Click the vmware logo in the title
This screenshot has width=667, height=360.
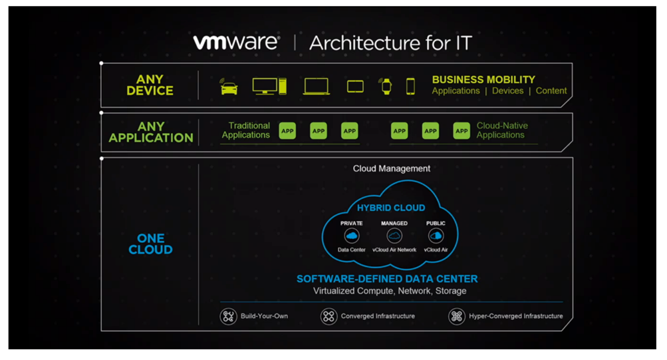point(236,42)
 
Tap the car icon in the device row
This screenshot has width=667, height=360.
point(229,87)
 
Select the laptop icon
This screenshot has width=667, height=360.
point(316,87)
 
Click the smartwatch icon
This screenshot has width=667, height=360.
point(386,86)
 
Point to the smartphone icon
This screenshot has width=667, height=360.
point(410,86)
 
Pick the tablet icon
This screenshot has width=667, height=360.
point(355,87)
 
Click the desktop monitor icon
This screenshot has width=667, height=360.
point(265,86)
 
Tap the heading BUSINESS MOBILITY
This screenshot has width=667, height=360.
point(483,79)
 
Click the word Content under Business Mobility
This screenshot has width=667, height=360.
point(551,91)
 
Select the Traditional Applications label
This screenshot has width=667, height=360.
point(246,130)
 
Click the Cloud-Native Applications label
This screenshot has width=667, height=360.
point(502,130)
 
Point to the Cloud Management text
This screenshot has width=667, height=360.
point(391,168)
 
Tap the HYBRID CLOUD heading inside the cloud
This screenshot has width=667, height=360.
point(391,208)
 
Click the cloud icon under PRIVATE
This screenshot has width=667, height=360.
point(351,236)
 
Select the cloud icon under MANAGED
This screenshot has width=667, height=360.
point(394,236)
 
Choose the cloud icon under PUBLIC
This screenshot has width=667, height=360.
point(436,236)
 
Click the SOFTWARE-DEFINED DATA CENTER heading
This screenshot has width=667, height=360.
point(387,279)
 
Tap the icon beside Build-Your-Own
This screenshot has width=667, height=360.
point(229,316)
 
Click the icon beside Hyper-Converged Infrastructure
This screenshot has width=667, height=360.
point(456,316)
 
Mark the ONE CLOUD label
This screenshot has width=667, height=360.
point(150,244)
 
